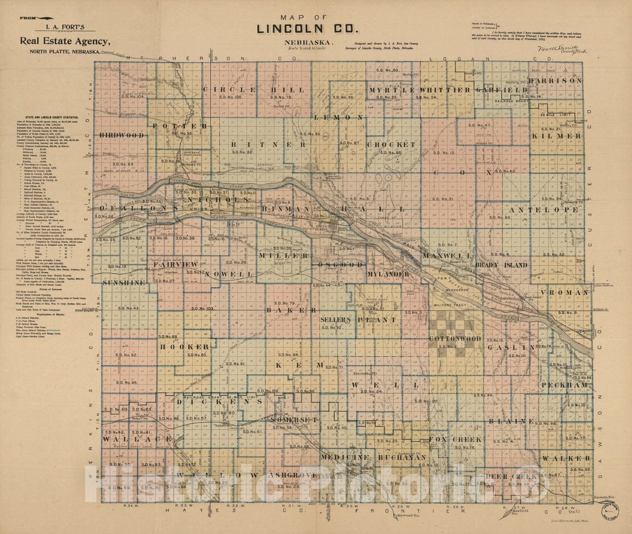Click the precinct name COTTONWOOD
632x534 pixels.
pyautogui.click(x=455, y=339)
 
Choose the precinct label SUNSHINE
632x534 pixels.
pyautogui.click(x=124, y=283)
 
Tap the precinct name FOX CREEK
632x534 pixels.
pyautogui.click(x=456, y=439)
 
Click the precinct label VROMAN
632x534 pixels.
pyautogui.click(x=564, y=292)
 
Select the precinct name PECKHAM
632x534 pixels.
pyautogui.click(x=563, y=385)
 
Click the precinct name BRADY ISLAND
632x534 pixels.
pyautogui.click(x=501, y=265)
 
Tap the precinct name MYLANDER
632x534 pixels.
pyautogui.click(x=388, y=274)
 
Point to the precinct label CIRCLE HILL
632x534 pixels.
pyautogui.click(x=250, y=90)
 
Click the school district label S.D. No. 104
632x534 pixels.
pyautogui.click(x=130, y=96)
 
